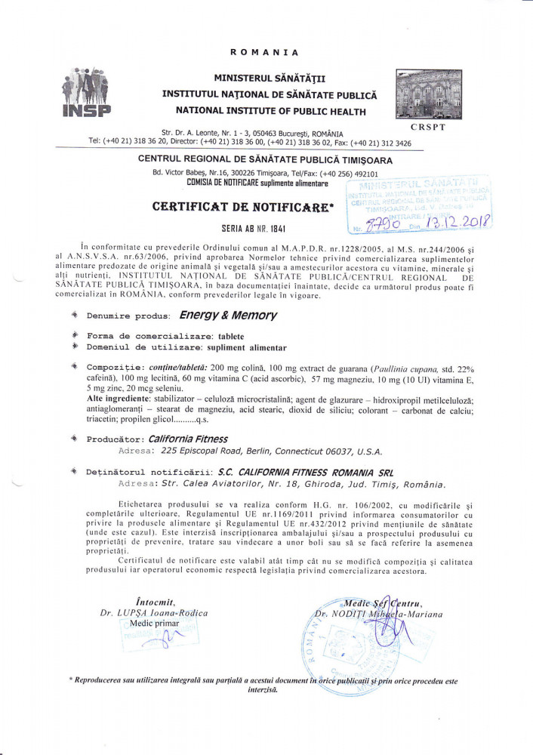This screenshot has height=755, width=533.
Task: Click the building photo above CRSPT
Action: (428, 94)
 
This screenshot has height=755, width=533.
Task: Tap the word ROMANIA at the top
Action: (264, 52)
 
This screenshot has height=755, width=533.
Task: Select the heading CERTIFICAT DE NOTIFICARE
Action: (242, 206)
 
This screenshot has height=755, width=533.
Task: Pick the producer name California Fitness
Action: (187, 438)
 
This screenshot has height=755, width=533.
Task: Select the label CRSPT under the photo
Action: (427, 127)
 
